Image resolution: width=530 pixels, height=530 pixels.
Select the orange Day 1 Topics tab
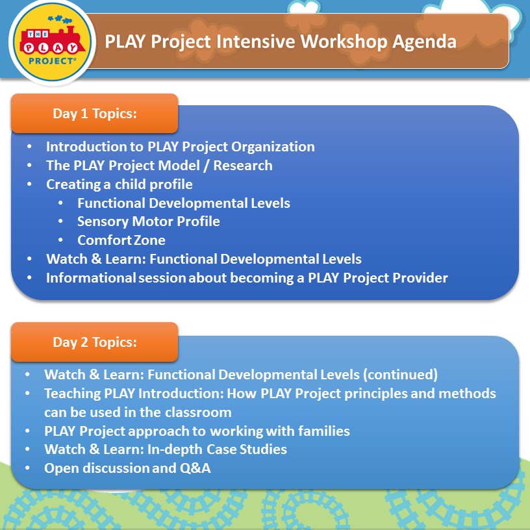click(x=95, y=113)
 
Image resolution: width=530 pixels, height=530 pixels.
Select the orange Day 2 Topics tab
click(x=95, y=342)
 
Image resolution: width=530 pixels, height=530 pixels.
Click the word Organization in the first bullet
click(x=273, y=147)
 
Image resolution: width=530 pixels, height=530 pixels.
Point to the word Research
click(x=243, y=165)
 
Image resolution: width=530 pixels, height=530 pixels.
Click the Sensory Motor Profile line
click(x=148, y=221)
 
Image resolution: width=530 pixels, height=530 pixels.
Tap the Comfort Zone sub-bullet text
click(x=121, y=240)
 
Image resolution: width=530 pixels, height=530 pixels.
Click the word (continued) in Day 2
click(x=400, y=375)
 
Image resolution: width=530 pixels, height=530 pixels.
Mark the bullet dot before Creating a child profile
click(x=29, y=184)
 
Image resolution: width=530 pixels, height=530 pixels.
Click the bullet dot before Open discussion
click(x=27, y=468)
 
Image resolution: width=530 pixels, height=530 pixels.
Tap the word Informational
click(x=90, y=278)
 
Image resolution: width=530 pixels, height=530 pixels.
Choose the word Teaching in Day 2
click(x=72, y=394)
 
